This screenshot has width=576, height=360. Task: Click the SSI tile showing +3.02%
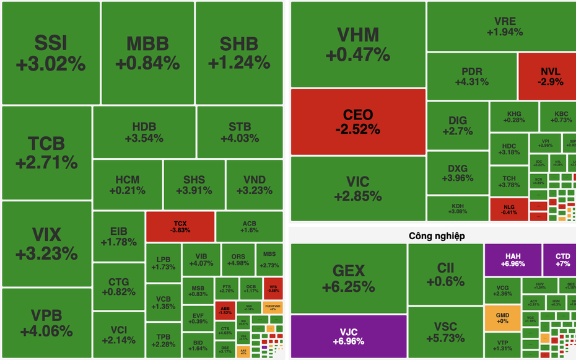[x=51, y=53]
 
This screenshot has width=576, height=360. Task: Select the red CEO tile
[x=358, y=121]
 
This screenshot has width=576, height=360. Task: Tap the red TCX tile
[x=180, y=226]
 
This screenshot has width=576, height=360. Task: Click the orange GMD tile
[x=502, y=317]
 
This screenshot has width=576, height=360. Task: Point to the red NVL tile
[x=546, y=76]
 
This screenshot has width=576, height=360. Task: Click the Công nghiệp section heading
[x=437, y=235]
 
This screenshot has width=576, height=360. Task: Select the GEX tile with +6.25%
[x=349, y=278]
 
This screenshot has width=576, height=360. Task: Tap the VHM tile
[x=358, y=44]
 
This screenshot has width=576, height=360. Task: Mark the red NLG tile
[x=508, y=209]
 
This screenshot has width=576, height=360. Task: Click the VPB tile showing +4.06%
[x=46, y=323]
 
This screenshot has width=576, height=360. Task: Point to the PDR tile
[x=471, y=76]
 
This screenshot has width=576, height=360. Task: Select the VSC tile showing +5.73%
[x=445, y=331]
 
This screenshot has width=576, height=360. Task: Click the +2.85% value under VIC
[x=358, y=196]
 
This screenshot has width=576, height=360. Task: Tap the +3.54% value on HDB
[x=144, y=138]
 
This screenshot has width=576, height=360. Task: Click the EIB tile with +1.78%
[x=119, y=235]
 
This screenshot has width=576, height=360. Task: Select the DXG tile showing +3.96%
[x=458, y=173]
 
